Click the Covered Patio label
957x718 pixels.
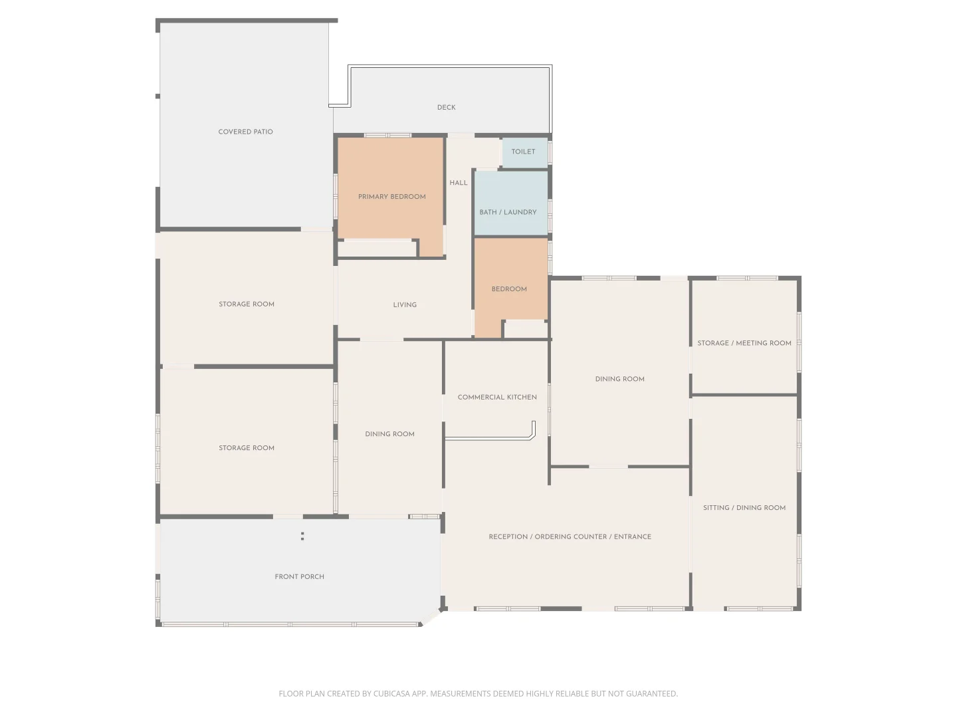coord(245,132)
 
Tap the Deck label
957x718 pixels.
coord(446,107)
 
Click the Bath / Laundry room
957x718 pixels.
coord(511,203)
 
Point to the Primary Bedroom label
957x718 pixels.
coord(391,197)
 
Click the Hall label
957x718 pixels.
coord(458,183)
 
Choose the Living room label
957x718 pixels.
coord(405,304)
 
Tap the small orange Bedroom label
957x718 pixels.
coord(509,289)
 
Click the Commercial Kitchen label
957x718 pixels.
coord(497,397)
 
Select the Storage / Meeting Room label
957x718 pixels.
coord(744,343)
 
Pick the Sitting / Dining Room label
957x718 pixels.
coord(744,507)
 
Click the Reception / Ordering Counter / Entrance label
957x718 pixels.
coord(570,537)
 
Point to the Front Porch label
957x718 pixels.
coord(299,576)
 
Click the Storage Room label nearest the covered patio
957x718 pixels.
coord(247,304)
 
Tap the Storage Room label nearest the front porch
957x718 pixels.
coord(247,447)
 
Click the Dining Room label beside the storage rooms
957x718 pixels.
coord(389,433)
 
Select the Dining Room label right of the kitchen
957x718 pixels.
coord(619,379)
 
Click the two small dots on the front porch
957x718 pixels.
coord(302,537)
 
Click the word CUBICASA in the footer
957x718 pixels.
coord(391,693)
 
